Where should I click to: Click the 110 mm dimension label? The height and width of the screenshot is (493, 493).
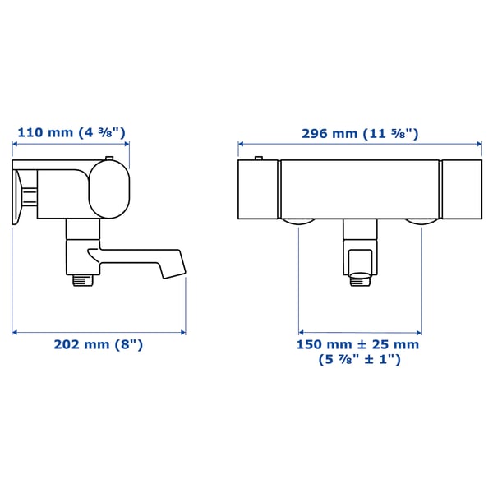[72, 131]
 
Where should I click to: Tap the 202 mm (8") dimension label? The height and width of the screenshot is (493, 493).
[99, 345]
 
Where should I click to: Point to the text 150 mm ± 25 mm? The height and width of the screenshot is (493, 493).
[357, 344]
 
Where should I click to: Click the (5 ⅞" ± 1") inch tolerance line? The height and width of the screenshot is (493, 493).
[359, 360]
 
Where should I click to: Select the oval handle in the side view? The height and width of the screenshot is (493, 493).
[108, 190]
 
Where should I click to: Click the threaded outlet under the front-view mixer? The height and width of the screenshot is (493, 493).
[360, 280]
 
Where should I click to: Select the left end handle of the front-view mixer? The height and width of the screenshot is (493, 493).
[258, 190]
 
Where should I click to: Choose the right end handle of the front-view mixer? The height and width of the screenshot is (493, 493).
[461, 190]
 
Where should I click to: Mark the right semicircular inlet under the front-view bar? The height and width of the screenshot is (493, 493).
[421, 223]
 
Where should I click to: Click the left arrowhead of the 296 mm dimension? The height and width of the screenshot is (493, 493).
[240, 147]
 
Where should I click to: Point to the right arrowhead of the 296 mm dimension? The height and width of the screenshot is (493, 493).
[480, 147]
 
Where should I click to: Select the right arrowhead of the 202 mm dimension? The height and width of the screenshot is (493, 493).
[183, 332]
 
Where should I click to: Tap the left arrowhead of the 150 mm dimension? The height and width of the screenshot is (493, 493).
[300, 332]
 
